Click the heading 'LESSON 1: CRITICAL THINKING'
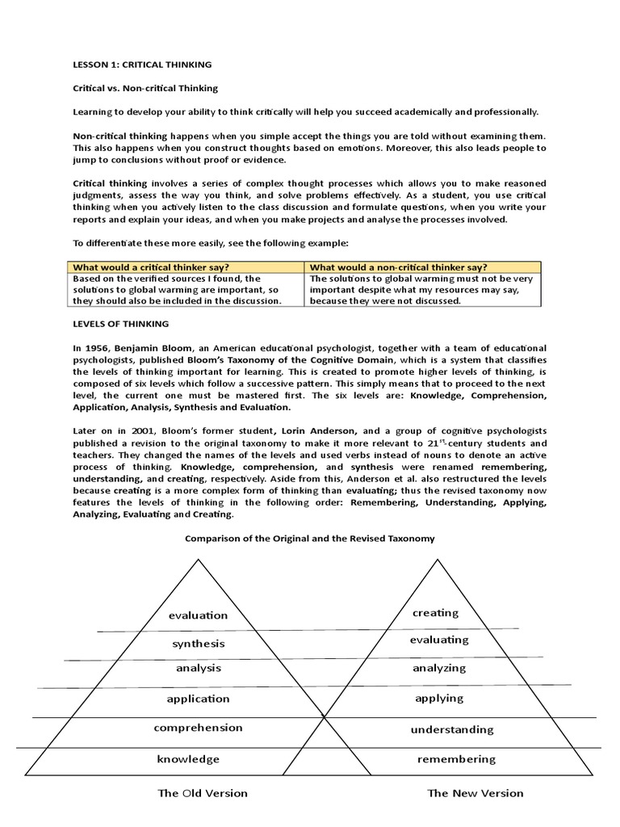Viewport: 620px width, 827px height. click(x=143, y=65)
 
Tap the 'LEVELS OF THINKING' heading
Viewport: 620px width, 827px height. click(x=120, y=323)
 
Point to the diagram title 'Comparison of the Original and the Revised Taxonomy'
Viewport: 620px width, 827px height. click(x=310, y=538)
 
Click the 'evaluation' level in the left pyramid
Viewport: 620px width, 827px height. click(x=199, y=615)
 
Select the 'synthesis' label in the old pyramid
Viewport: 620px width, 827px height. click(x=199, y=644)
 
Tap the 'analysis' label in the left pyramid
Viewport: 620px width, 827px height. click(x=199, y=669)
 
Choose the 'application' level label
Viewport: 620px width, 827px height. click(x=199, y=699)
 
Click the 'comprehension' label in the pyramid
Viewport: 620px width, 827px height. click(x=199, y=728)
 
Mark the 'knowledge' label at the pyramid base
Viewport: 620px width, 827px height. click(x=188, y=759)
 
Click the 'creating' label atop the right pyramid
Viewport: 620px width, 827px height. click(x=436, y=613)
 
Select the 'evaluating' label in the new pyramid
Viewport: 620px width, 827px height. click(x=440, y=640)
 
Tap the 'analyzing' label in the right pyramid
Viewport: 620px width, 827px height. click(x=440, y=668)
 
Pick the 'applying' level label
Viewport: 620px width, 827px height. click(x=439, y=699)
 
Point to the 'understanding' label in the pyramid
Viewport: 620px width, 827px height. click(x=451, y=729)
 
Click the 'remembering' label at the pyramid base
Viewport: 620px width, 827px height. click(x=456, y=759)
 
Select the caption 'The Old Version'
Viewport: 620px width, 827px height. click(x=203, y=793)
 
